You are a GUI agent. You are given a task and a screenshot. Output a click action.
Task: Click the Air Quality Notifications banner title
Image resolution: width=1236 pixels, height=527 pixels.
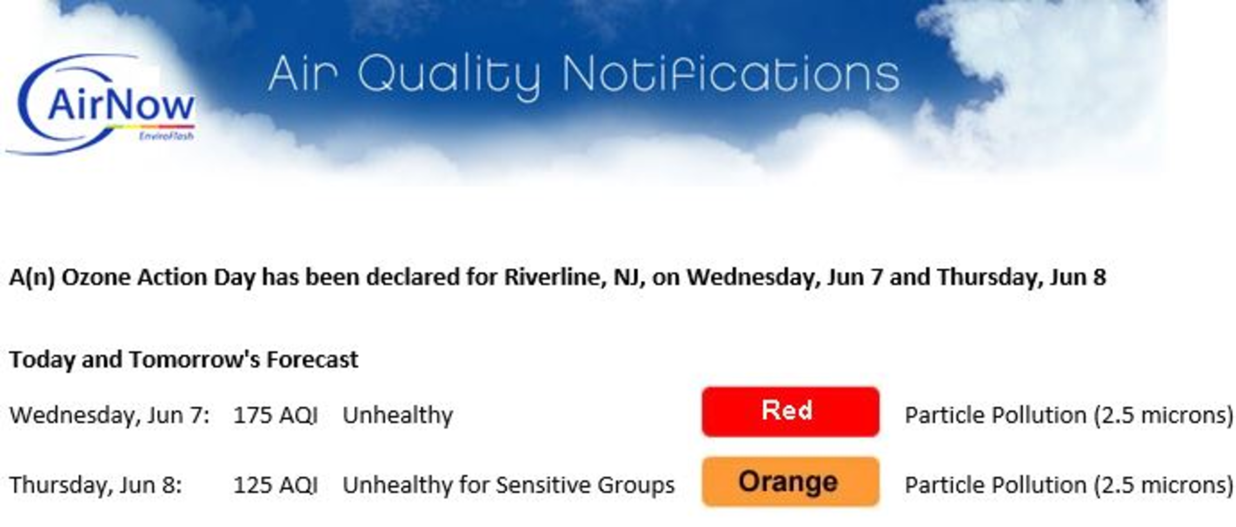pyautogui.click(x=584, y=76)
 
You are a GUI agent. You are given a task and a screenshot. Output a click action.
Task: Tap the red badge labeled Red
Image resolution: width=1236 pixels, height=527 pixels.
pyautogui.click(x=790, y=412)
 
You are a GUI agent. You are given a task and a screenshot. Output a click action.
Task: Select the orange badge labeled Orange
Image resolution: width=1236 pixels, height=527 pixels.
pyautogui.click(x=790, y=482)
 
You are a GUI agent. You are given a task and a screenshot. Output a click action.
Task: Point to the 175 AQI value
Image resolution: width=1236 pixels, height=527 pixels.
pyautogui.click(x=275, y=416)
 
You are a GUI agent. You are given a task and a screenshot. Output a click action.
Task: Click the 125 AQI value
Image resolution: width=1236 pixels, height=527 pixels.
pyautogui.click(x=275, y=485)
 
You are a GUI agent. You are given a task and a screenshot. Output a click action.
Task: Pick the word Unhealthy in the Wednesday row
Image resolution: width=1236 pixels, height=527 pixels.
pyautogui.click(x=398, y=416)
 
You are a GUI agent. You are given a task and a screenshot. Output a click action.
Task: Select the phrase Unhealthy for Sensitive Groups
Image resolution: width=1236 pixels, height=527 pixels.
pyautogui.click(x=509, y=485)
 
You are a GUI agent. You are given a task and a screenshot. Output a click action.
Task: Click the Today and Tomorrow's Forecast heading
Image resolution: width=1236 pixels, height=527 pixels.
pyautogui.click(x=184, y=360)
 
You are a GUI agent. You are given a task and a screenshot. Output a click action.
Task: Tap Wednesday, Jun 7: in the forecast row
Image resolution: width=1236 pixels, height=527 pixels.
pyautogui.click(x=110, y=416)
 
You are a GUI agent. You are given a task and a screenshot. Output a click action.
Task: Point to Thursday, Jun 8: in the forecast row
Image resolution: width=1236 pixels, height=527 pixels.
pyautogui.click(x=96, y=485)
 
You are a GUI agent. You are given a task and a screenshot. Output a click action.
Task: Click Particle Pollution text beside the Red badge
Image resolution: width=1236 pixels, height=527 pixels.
pyautogui.click(x=1069, y=416)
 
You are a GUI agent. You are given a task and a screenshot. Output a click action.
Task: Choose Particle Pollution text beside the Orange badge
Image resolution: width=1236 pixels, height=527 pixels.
pyautogui.click(x=1069, y=485)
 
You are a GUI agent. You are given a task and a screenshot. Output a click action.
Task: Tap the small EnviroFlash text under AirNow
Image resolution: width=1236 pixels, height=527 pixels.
pyautogui.click(x=166, y=136)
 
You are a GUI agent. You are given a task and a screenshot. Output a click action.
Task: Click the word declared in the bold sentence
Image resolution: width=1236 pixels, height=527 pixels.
pyautogui.click(x=413, y=277)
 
